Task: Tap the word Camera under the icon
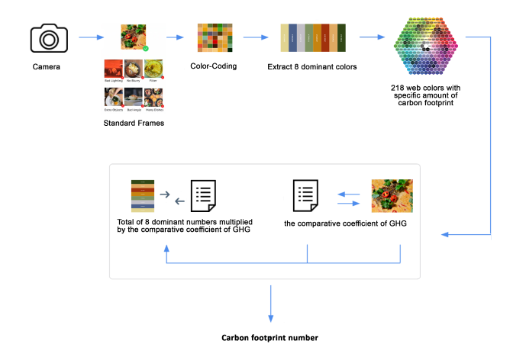47,66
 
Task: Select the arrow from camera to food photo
92,37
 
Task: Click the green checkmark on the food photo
145,47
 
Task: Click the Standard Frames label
134,122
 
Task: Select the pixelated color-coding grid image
213,37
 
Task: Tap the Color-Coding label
213,66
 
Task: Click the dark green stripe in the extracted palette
342,37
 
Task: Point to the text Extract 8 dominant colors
312,66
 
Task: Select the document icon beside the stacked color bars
202,201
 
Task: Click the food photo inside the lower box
392,195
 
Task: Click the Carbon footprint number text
270,336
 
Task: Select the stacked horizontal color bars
143,196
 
